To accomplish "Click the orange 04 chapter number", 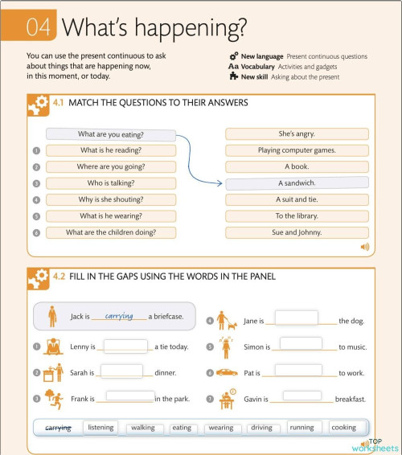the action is [x=39, y=27].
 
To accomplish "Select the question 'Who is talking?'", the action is [x=111, y=183].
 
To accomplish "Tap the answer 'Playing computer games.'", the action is [x=297, y=150].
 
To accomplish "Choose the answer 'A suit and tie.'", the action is [x=297, y=199].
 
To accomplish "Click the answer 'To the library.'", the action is [x=297, y=215].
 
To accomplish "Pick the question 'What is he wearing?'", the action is [x=111, y=215].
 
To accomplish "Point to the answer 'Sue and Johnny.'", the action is [x=297, y=232].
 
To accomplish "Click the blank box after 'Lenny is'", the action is [x=125, y=346].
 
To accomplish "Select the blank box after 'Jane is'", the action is [x=296, y=318].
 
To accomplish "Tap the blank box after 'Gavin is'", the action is [x=296, y=395].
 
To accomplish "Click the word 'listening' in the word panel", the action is [x=101, y=428].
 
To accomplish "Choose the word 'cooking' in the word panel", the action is [x=343, y=428].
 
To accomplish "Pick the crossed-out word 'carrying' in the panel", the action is [x=59, y=428].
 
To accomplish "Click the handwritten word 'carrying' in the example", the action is [x=119, y=316].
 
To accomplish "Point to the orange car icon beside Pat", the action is [x=227, y=372].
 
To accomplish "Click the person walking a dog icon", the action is [x=226, y=320].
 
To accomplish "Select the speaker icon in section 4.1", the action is [x=364, y=247].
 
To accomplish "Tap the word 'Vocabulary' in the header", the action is [x=258, y=67].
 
